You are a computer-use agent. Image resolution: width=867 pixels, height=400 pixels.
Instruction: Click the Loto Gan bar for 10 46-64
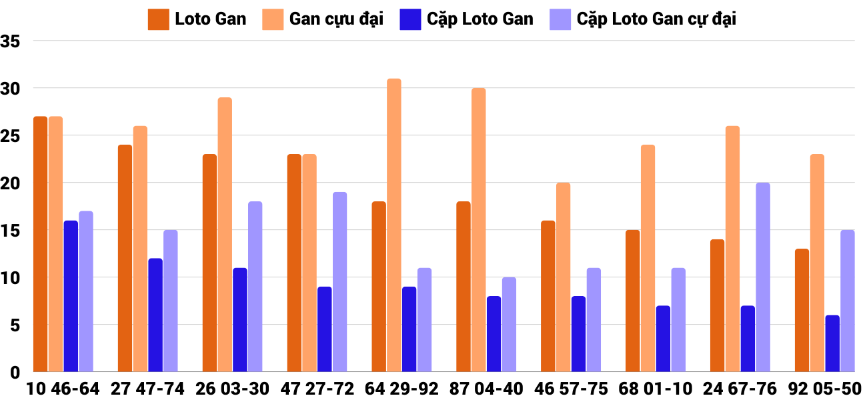[40, 244]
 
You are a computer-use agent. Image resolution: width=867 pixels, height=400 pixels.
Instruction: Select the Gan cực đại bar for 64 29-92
[394, 225]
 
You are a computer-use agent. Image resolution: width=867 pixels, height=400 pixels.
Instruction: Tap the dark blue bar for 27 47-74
[155, 315]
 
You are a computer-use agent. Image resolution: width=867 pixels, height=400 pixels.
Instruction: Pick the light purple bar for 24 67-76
[763, 277]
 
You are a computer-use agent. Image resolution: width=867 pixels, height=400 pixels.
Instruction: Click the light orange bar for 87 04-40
[479, 230]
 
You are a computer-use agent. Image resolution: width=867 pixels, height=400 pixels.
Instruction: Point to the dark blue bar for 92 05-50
[832, 343]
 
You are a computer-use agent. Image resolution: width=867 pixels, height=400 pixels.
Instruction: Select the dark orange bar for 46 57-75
[548, 296]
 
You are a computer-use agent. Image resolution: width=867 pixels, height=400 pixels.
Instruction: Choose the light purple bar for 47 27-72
[340, 282]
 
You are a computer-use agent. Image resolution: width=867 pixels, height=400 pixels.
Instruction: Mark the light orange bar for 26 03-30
[225, 235]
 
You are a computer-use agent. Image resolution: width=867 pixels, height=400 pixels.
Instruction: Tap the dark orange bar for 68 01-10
[633, 301]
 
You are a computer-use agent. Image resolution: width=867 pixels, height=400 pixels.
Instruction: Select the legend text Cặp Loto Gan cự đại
[656, 19]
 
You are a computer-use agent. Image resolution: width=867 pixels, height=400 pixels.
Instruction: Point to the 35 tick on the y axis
[11, 41]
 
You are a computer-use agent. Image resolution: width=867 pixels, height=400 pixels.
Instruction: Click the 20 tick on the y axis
[11, 183]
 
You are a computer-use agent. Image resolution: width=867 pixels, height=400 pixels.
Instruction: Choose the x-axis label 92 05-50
[824, 389]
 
